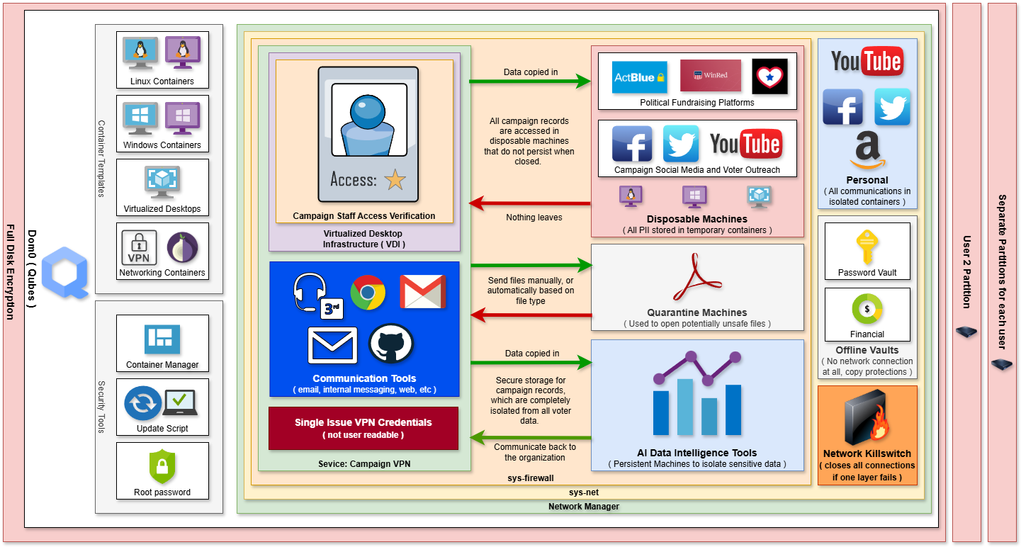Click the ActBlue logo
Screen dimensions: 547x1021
pos(639,77)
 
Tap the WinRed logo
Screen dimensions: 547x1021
pos(710,75)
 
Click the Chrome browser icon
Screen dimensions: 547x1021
pos(368,292)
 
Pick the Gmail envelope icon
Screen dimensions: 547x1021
pos(422,291)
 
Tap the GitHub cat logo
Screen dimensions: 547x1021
pos(390,344)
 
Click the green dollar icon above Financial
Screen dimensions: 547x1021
pos(867,310)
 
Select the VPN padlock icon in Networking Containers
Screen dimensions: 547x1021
pos(140,248)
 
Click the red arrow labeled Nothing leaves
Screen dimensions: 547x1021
pos(530,204)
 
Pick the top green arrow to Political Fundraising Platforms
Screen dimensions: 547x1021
pos(530,82)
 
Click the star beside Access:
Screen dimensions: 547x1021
pos(395,179)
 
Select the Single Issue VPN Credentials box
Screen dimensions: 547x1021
pos(363,428)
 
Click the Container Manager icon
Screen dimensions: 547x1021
pos(162,339)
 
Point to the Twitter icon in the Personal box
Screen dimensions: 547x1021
pos(891,107)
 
